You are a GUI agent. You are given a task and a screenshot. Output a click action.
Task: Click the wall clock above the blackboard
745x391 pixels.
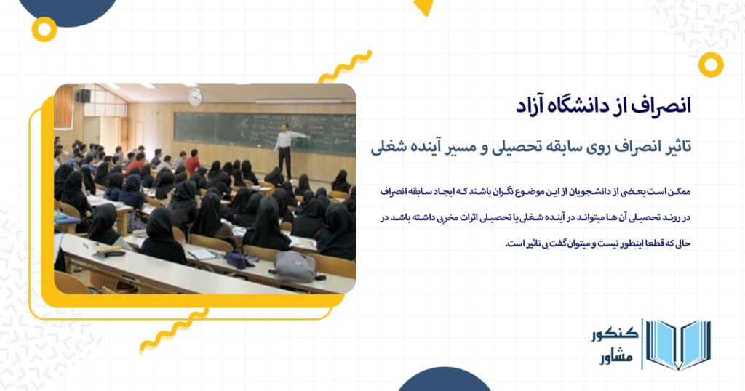(195, 97)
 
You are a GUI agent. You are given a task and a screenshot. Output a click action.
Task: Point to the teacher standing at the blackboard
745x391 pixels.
(287, 150)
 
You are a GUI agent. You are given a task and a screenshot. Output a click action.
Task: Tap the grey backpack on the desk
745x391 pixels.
(295, 266)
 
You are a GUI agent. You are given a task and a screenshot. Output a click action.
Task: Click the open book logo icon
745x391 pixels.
(678, 344)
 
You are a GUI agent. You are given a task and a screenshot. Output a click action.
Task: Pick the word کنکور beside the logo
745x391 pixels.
(615, 334)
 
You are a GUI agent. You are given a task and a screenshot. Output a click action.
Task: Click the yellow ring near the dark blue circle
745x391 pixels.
(44, 29)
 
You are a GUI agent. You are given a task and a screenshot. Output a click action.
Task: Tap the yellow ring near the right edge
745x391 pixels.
(711, 65)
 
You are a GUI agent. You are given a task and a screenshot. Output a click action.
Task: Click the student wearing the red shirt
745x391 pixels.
(192, 162)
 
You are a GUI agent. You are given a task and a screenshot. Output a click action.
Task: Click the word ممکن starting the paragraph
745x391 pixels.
(680, 192)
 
